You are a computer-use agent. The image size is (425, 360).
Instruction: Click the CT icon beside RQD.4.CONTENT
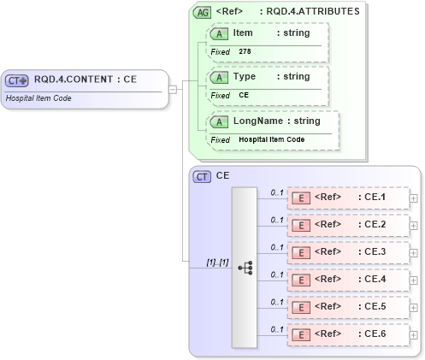(x=17, y=80)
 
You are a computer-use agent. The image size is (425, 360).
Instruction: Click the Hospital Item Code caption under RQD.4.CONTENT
(x=38, y=97)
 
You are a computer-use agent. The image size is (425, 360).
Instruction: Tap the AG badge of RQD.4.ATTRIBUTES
(x=202, y=12)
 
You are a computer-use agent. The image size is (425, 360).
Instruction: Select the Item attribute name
(x=243, y=32)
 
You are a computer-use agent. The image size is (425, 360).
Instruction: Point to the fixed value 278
(x=245, y=51)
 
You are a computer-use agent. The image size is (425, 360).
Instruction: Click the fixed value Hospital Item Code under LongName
(x=271, y=139)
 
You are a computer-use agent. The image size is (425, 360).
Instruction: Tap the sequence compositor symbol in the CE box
(x=245, y=267)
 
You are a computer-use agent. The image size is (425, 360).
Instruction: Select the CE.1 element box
(x=347, y=198)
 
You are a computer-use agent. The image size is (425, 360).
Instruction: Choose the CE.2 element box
(x=347, y=226)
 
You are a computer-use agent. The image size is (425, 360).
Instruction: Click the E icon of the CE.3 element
(x=300, y=253)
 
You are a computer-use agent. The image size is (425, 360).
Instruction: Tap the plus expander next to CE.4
(x=414, y=280)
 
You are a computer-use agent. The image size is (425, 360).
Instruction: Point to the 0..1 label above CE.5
(x=276, y=301)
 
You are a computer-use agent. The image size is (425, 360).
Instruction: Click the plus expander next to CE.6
(x=414, y=335)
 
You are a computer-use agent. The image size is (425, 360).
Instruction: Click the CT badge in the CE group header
(x=202, y=176)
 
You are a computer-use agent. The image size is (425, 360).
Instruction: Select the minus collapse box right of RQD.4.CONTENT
(x=173, y=88)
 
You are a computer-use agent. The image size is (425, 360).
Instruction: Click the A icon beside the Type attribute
(x=219, y=77)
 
